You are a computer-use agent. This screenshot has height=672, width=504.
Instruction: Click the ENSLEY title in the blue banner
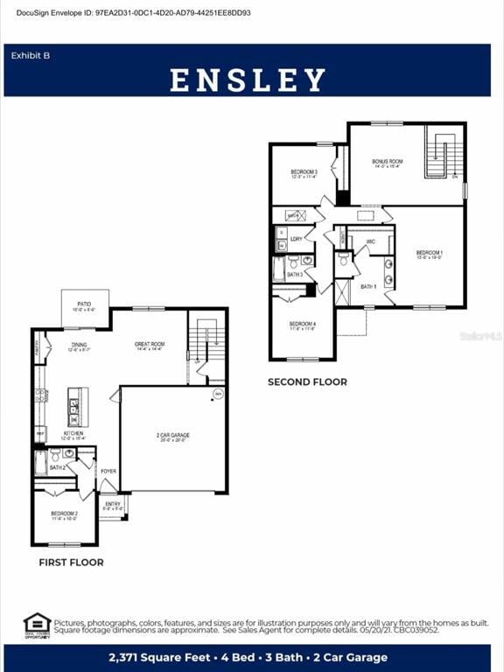pos(248,80)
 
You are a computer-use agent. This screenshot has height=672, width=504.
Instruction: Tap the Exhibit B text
pos(31,55)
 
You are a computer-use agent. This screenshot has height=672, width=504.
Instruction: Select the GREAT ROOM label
pos(150,346)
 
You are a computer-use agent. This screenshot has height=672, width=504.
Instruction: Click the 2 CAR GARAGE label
pos(172,437)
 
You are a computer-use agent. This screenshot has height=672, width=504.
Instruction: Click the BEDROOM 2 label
pos(64,514)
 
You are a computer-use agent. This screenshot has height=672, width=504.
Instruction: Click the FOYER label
pos(108,471)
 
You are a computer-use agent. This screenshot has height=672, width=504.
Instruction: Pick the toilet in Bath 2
pos(55,456)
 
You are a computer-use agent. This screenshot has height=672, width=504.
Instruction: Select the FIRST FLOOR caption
pos(71,563)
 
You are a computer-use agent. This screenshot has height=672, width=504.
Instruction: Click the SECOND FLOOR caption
pos(307,381)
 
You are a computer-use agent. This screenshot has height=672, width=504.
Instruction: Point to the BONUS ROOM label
pos(387,163)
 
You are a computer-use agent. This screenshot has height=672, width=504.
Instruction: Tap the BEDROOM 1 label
pos(429,255)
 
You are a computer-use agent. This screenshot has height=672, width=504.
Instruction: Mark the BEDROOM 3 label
pos(304,173)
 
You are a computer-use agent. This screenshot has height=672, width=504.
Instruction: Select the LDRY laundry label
pos(297,238)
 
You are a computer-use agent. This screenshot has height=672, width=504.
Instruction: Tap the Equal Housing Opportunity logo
pos(37,626)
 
